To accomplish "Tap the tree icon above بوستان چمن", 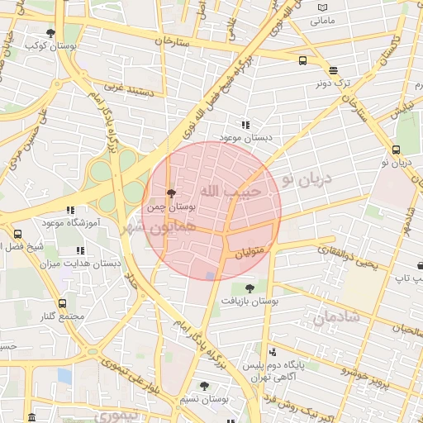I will coord(171,194).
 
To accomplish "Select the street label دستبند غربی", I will coord(130,85).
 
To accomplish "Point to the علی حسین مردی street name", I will coord(23,140).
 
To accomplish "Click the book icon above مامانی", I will coord(322,7).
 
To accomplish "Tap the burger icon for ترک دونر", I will coord(332,71).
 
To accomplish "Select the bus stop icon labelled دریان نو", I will coord(397,150).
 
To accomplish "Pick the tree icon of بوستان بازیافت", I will coord(250,288).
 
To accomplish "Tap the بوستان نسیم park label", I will coord(204,398).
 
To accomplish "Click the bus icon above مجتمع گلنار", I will coord(63,304).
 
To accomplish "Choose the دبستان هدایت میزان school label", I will coord(81,264).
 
